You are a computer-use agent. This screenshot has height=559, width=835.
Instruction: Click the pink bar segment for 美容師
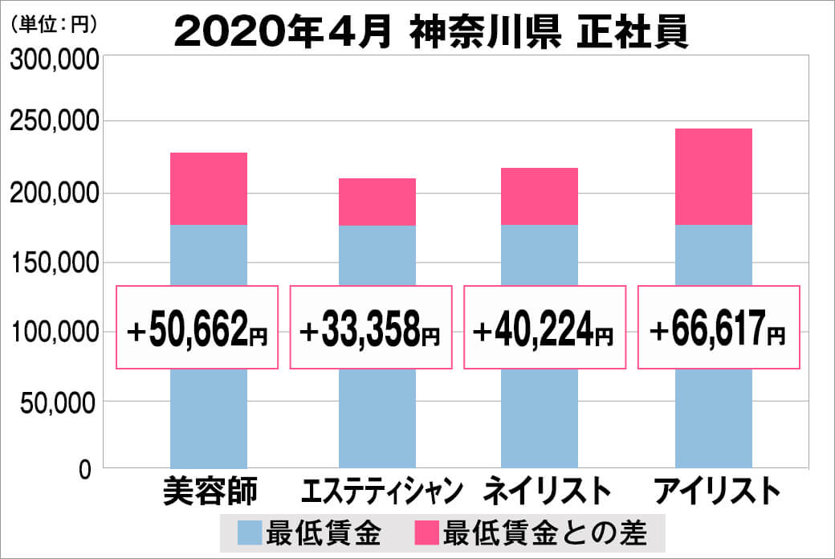(x=209, y=189)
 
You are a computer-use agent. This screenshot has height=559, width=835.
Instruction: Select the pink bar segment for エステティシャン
(x=377, y=202)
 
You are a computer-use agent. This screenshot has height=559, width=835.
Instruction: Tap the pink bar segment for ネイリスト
(x=540, y=196)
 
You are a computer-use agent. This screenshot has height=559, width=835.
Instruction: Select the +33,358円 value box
(x=371, y=328)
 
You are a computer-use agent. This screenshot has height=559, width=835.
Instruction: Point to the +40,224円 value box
(x=545, y=328)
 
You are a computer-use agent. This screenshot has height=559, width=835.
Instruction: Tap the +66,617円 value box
(x=719, y=328)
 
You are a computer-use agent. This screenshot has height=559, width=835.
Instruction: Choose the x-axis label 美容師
(x=210, y=492)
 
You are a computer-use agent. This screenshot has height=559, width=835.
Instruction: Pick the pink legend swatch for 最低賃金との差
(x=426, y=532)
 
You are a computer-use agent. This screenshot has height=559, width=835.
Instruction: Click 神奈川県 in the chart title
(x=486, y=31)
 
